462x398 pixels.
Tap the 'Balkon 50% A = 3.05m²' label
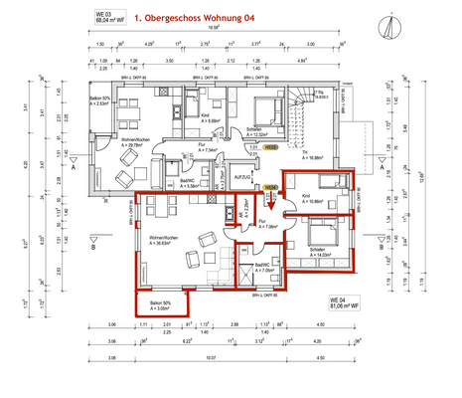[x=159, y=306]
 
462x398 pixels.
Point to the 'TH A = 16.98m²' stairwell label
[x=319, y=154]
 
